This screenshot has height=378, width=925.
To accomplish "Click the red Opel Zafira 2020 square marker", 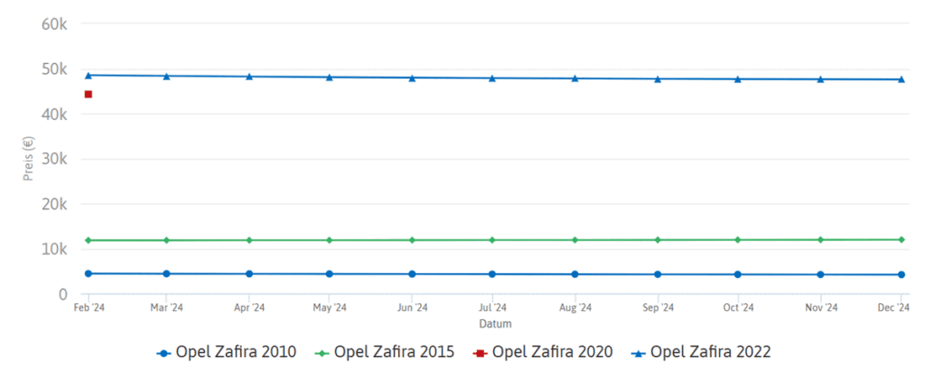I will pyautogui.click(x=89, y=95).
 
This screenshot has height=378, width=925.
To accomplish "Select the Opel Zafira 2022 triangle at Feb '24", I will pyautogui.click(x=89, y=75).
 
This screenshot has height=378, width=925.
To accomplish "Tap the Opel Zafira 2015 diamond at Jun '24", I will pyautogui.click(x=412, y=240).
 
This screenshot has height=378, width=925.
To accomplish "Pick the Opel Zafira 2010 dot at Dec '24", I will pyautogui.click(x=902, y=274).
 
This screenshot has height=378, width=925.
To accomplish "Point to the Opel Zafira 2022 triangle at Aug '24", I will pyautogui.click(x=575, y=78).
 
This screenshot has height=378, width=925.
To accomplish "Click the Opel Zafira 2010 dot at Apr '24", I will pyautogui.click(x=249, y=273).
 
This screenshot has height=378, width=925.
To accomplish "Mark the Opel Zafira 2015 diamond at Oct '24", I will pyautogui.click(x=738, y=240).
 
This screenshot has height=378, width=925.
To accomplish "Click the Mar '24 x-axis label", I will pyautogui.click(x=166, y=308).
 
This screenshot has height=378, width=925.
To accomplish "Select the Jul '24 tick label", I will pyautogui.click(x=492, y=308).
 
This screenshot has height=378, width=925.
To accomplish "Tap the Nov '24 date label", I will pyautogui.click(x=820, y=308).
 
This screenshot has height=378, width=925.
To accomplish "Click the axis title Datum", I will pyautogui.click(x=494, y=322).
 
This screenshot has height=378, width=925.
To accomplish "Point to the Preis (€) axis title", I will pyautogui.click(x=28, y=159).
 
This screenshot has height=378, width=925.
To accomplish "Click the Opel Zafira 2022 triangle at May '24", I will pyautogui.click(x=330, y=78).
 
